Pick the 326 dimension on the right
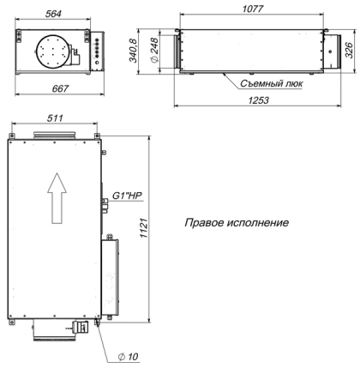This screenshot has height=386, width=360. click(347, 51)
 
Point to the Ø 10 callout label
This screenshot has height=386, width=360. click(127, 355)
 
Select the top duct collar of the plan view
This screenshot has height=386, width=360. click(55, 136)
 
